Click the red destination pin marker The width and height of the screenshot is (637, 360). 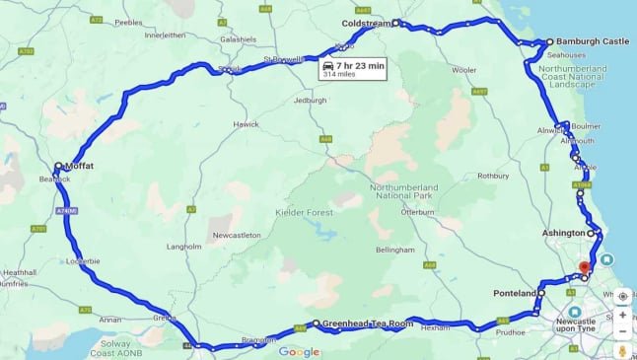point(584,266)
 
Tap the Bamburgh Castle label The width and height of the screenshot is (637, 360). point(592,42)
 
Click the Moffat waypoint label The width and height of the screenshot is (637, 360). point(80,167)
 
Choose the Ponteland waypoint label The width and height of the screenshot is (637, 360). point(514,293)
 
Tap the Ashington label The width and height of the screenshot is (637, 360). point(563,233)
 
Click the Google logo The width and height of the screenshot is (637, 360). point(299,352)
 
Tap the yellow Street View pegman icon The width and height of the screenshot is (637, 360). point(622,350)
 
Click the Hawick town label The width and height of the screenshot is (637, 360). point(246,124)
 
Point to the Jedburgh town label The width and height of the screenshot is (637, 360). point(310,101)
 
